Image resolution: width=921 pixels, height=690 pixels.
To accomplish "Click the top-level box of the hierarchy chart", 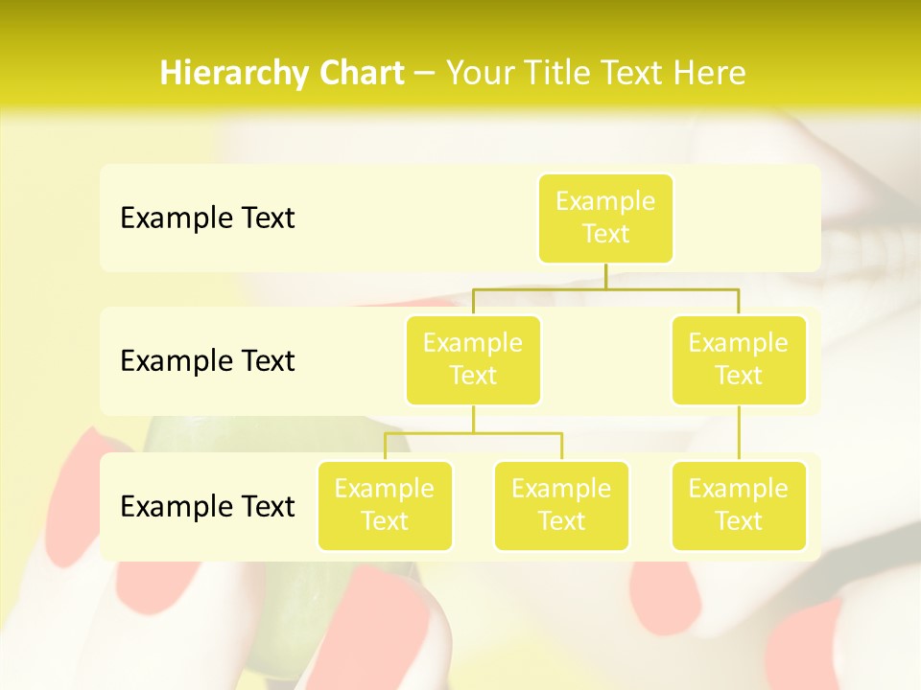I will [x=605, y=218].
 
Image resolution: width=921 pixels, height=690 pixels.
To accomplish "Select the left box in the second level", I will [x=473, y=360].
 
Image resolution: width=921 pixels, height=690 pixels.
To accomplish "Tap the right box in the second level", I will [x=739, y=360].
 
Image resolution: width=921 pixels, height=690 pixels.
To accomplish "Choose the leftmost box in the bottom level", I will [x=385, y=506].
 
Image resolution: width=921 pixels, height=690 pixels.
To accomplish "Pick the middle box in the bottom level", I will [x=561, y=506].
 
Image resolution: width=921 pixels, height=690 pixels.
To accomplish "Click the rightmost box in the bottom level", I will [x=739, y=506].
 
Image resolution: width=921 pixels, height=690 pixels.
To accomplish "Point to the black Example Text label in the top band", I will [x=207, y=218].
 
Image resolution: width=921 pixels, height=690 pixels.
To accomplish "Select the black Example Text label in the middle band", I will [x=207, y=361].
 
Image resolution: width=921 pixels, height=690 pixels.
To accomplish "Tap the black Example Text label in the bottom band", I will [x=207, y=507].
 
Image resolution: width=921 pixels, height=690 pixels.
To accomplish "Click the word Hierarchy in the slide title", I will [x=229, y=74].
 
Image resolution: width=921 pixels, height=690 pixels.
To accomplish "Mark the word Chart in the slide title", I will [x=357, y=73].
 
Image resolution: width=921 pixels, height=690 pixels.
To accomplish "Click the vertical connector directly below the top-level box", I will [x=605, y=276].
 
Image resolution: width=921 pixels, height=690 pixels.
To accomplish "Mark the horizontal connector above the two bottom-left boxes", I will [x=473, y=433].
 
